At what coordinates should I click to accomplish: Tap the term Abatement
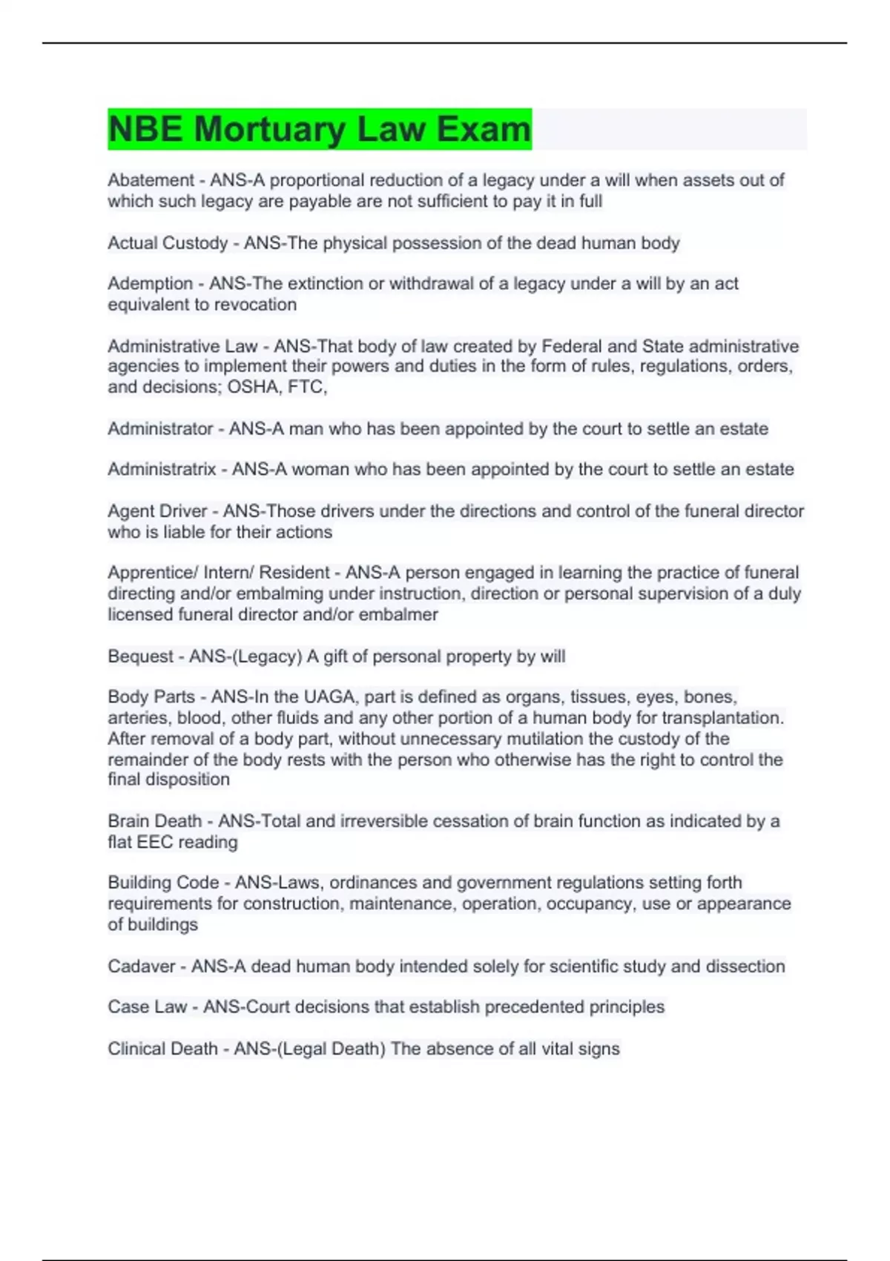coord(151,180)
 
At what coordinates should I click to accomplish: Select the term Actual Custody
coord(168,243)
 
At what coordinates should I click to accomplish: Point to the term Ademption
coord(150,283)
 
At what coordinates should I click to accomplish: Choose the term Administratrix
coord(162,470)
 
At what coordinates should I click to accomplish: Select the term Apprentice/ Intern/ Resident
coord(218,573)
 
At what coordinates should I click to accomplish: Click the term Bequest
coord(140,656)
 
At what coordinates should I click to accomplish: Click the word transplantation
coord(722,718)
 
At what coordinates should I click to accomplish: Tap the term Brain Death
coord(154,821)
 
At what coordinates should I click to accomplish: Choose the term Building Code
coord(163,883)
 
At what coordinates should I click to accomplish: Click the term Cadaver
coord(141,967)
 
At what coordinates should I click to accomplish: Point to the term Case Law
coord(147,1007)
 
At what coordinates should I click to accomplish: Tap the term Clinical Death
coord(162,1049)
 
